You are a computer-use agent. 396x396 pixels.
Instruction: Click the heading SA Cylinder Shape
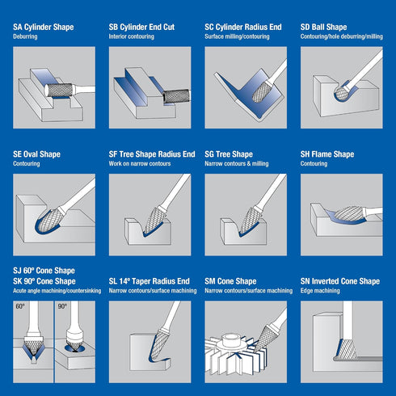pos(44,27)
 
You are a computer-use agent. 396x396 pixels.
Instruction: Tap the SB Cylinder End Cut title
pos(141,27)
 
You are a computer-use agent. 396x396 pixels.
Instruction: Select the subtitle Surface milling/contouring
pos(237,36)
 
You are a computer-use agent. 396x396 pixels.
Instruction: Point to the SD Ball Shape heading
pos(323,27)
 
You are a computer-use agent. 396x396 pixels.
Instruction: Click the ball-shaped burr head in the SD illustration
pos(341,94)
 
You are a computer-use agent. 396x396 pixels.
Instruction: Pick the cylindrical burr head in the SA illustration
pos(59,90)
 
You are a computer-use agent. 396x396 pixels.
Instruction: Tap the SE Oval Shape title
pos(36,154)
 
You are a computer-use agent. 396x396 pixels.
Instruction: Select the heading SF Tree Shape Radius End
pos(152,154)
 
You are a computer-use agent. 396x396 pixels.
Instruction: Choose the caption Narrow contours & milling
pos(237,164)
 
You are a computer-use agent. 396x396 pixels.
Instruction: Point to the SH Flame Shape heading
pos(327,154)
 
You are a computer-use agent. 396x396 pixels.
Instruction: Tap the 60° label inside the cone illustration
pos(20,306)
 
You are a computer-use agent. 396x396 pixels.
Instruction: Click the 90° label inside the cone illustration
pos(62,306)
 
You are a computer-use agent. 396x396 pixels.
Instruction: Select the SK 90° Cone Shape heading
pos(44,281)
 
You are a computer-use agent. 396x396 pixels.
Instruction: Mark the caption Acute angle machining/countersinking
pos(57,291)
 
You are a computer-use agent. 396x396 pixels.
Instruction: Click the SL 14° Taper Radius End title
pos(150,281)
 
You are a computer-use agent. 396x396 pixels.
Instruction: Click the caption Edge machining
pos(320,291)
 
